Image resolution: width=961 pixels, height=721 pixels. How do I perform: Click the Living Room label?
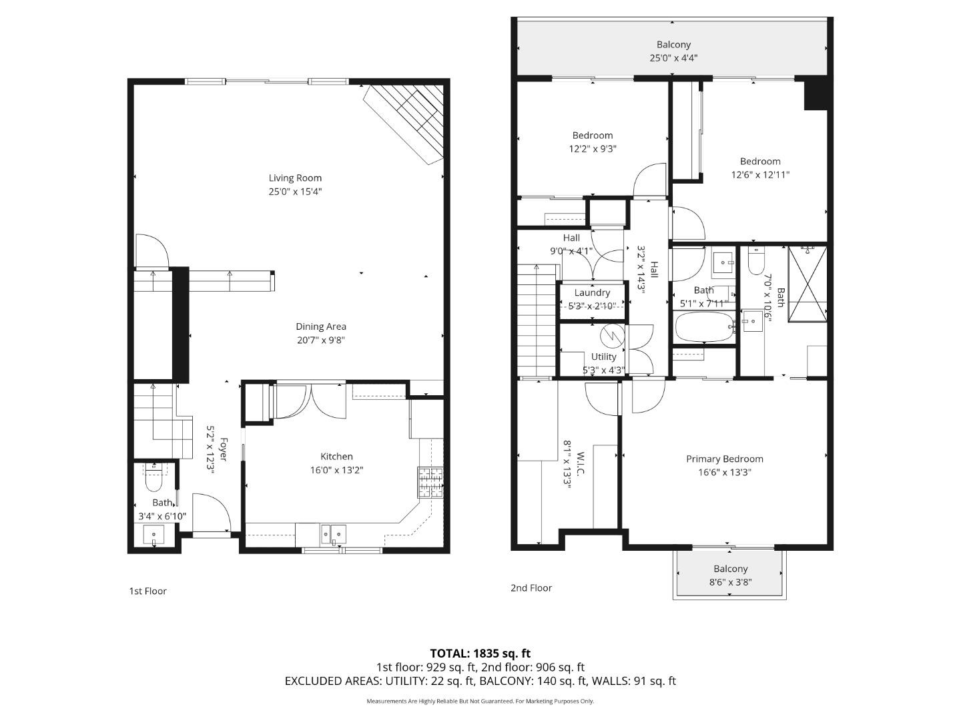point(295,178)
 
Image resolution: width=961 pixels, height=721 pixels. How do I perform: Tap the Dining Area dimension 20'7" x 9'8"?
point(320,340)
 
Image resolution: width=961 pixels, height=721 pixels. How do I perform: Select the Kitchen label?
point(336,457)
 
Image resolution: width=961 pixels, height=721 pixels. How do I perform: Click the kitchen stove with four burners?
point(430,483)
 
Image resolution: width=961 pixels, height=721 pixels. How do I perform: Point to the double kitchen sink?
point(332,533)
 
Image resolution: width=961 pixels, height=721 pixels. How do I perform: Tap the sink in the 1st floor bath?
point(154,535)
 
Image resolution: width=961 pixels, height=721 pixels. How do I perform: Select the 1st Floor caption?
point(147,591)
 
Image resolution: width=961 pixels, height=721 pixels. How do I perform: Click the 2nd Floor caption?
point(531,588)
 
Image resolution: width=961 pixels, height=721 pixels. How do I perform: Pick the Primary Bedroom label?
point(725,459)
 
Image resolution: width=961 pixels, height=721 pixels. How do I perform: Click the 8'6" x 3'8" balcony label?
point(730,581)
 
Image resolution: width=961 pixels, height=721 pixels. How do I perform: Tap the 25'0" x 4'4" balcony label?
point(673,58)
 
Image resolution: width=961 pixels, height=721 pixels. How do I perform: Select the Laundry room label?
point(592,292)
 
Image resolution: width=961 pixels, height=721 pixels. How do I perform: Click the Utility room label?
point(603,356)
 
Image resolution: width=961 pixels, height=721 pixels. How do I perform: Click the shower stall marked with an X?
point(808,284)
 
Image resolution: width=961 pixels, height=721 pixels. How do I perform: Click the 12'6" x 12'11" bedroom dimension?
point(760,175)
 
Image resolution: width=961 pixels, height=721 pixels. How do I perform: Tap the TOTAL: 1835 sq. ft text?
point(480,654)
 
